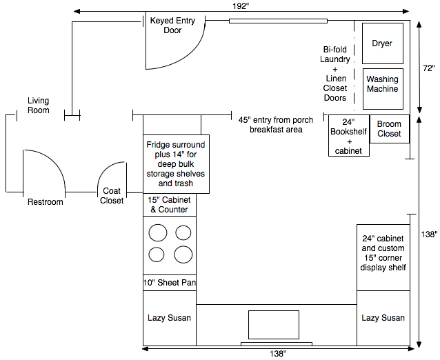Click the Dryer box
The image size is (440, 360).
point(383,43)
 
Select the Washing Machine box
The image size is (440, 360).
point(383,89)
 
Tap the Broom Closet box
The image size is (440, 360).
point(389,129)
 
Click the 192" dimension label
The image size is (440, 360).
point(241,6)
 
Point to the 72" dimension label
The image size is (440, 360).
point(429,68)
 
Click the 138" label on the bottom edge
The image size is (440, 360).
point(278,354)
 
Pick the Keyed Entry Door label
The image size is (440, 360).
point(172,26)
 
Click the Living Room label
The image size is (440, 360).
point(39,106)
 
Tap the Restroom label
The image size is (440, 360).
point(46,202)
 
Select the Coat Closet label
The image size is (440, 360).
point(112,196)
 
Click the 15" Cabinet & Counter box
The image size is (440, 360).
point(170,205)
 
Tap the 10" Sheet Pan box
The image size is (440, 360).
point(170,283)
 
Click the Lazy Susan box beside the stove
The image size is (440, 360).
point(170,318)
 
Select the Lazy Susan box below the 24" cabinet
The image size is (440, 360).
point(383,318)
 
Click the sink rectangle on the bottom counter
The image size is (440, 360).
point(274,325)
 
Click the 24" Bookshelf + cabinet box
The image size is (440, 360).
point(349,136)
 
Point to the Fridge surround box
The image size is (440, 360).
point(177,164)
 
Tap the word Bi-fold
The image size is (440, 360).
point(334,50)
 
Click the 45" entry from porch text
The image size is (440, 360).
point(276,120)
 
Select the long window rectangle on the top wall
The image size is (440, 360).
point(278,21)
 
